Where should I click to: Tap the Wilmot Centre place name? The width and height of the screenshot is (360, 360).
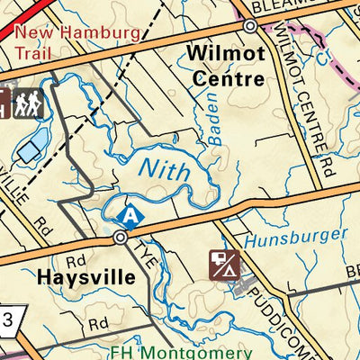click(x=226, y=67)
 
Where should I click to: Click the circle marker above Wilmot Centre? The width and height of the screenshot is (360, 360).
click(x=249, y=28)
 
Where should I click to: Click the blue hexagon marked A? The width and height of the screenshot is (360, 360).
click(x=130, y=216)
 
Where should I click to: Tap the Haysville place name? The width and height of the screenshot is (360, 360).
click(x=86, y=277)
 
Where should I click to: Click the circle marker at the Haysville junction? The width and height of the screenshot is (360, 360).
click(x=120, y=238)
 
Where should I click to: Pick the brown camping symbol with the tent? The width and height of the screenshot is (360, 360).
click(x=223, y=264)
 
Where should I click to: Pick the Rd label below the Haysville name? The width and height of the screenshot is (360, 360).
click(x=97, y=321)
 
